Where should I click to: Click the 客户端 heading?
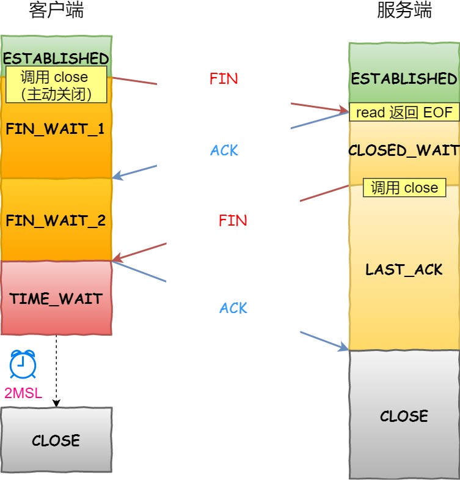(x=56, y=10)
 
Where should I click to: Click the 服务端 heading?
(x=404, y=10)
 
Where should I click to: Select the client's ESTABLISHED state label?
(x=56, y=59)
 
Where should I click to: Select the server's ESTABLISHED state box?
(x=404, y=78)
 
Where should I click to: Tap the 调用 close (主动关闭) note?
(x=56, y=85)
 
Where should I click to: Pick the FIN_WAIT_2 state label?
(x=56, y=220)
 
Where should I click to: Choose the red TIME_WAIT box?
(x=56, y=298)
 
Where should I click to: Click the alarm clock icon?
(x=23, y=365)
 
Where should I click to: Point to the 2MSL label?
(x=23, y=393)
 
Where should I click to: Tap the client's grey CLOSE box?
(x=56, y=440)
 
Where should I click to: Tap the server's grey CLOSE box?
(x=404, y=416)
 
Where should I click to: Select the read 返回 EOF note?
(x=404, y=112)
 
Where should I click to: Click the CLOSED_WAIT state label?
(x=404, y=150)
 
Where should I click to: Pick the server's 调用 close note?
(x=404, y=188)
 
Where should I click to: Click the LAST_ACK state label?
(x=404, y=270)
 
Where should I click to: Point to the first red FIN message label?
(x=224, y=78)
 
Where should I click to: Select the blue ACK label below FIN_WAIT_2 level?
(x=233, y=308)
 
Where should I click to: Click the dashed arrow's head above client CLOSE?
(x=56, y=403)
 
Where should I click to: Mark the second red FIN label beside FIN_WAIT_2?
(x=233, y=221)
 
